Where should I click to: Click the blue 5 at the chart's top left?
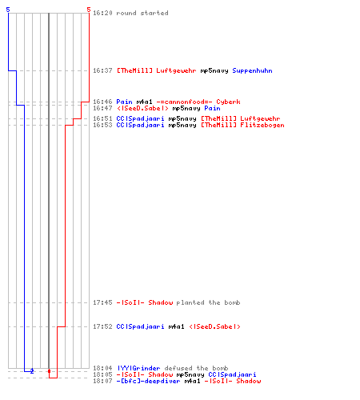[8, 10]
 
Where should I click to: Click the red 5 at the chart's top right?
[89, 10]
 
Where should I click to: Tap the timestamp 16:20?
[102, 13]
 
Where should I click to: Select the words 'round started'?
[142, 13]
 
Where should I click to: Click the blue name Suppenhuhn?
[252, 70]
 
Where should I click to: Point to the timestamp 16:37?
[102, 70]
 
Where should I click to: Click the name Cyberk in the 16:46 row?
[228, 102]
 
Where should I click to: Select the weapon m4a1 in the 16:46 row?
[144, 102]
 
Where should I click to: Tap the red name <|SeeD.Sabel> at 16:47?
[142, 108]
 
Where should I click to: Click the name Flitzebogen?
[262, 125]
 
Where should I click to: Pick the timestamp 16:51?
[102, 118]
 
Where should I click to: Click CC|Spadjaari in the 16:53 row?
[140, 125]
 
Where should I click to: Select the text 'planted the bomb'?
[208, 302]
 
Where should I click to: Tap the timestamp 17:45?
[102, 302]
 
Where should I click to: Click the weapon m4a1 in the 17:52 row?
[176, 326]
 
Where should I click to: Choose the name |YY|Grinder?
[138, 368]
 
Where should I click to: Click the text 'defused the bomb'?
[196, 368]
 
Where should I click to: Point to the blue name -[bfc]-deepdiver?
[148, 381]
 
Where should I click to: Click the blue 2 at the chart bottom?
[32, 371]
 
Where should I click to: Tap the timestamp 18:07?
[102, 381]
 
